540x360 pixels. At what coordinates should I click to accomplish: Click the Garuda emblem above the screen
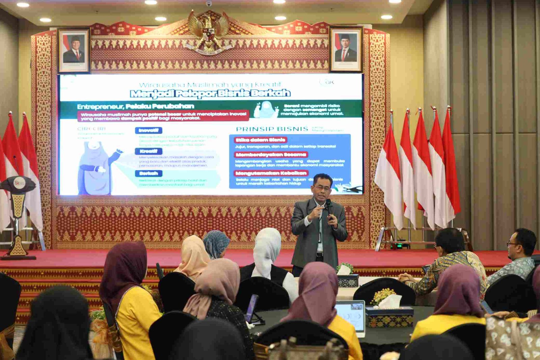[208, 31]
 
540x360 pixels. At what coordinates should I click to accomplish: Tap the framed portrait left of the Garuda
[74, 50]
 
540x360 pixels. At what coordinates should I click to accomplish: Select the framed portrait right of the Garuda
[346, 50]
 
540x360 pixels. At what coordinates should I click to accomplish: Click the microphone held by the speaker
[328, 206]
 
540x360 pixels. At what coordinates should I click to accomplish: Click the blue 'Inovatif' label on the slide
[148, 131]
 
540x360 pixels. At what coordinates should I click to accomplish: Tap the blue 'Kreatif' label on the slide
[148, 151]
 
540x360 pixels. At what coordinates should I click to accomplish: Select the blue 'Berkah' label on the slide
[148, 173]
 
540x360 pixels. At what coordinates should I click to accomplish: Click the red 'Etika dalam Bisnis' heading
[261, 140]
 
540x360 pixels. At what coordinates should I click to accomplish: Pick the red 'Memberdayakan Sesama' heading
[271, 155]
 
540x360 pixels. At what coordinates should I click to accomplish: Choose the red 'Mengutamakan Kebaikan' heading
[271, 173]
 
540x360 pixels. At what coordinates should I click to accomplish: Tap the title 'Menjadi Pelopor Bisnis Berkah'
[210, 93]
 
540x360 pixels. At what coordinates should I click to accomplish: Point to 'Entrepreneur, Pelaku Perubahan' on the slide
[135, 107]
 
